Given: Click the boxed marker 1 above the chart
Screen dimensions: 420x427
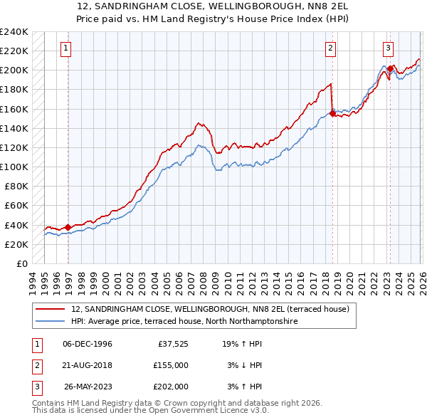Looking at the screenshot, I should click(65, 48).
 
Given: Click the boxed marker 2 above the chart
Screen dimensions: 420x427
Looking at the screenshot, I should click(332, 48).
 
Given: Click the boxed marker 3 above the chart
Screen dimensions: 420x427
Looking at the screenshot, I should click(388, 48).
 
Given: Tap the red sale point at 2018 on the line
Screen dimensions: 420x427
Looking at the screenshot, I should click(332, 112).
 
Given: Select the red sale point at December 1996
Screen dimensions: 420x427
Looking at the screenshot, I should click(68, 227).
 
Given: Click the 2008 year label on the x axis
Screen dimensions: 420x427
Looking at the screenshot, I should click(204, 281).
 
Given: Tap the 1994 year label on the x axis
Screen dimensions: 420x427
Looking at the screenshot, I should click(33, 281).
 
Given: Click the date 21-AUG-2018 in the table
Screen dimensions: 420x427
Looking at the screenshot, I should click(87, 364).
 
